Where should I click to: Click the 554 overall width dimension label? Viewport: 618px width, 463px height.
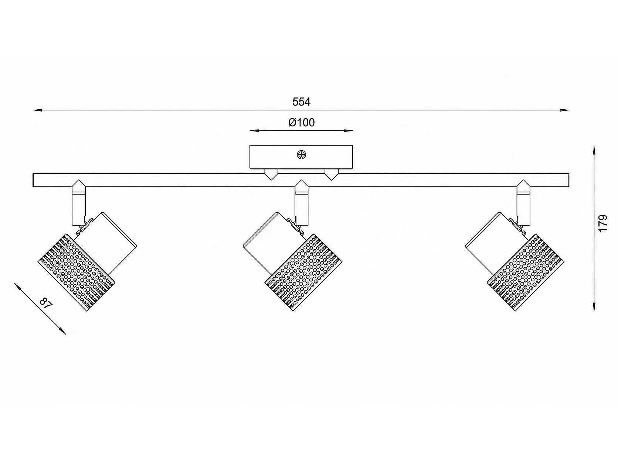pos(301,102)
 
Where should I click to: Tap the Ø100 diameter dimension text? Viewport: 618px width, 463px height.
pos(301,123)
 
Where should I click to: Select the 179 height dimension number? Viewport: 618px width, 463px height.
pos(603,223)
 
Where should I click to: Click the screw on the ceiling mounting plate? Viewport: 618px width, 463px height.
pos(301,155)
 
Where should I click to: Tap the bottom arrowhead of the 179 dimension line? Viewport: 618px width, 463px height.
pos(594,306)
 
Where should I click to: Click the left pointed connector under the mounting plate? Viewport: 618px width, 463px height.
pos(271,174)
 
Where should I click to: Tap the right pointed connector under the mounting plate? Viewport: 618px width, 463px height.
pos(332,174)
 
